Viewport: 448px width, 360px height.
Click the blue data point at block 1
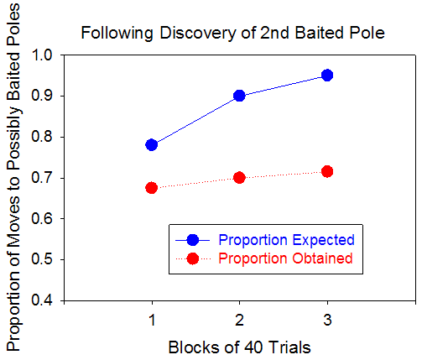pos(151,145)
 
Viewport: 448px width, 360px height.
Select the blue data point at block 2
pos(239,96)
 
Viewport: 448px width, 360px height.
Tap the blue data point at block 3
pos(327,76)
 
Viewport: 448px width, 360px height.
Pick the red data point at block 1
pos(151,188)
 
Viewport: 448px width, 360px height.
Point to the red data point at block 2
pos(239,178)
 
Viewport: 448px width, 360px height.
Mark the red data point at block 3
pos(327,171)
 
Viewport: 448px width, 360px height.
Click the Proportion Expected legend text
pos(287,240)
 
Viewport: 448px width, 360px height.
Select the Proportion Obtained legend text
pos(285,258)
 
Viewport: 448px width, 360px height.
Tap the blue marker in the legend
pos(193,240)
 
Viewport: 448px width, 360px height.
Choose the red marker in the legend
pos(193,258)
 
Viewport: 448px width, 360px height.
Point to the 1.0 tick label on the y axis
pos(42,55)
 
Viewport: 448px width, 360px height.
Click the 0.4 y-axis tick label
pos(42,300)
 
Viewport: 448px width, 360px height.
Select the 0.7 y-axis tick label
pos(42,178)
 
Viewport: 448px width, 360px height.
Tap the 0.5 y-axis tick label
pos(42,259)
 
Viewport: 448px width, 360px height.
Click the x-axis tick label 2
pos(239,320)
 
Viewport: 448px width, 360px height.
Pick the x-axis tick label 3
pos(327,320)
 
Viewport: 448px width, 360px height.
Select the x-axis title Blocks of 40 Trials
pos(239,347)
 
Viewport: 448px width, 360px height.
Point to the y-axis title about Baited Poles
pos(13,177)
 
